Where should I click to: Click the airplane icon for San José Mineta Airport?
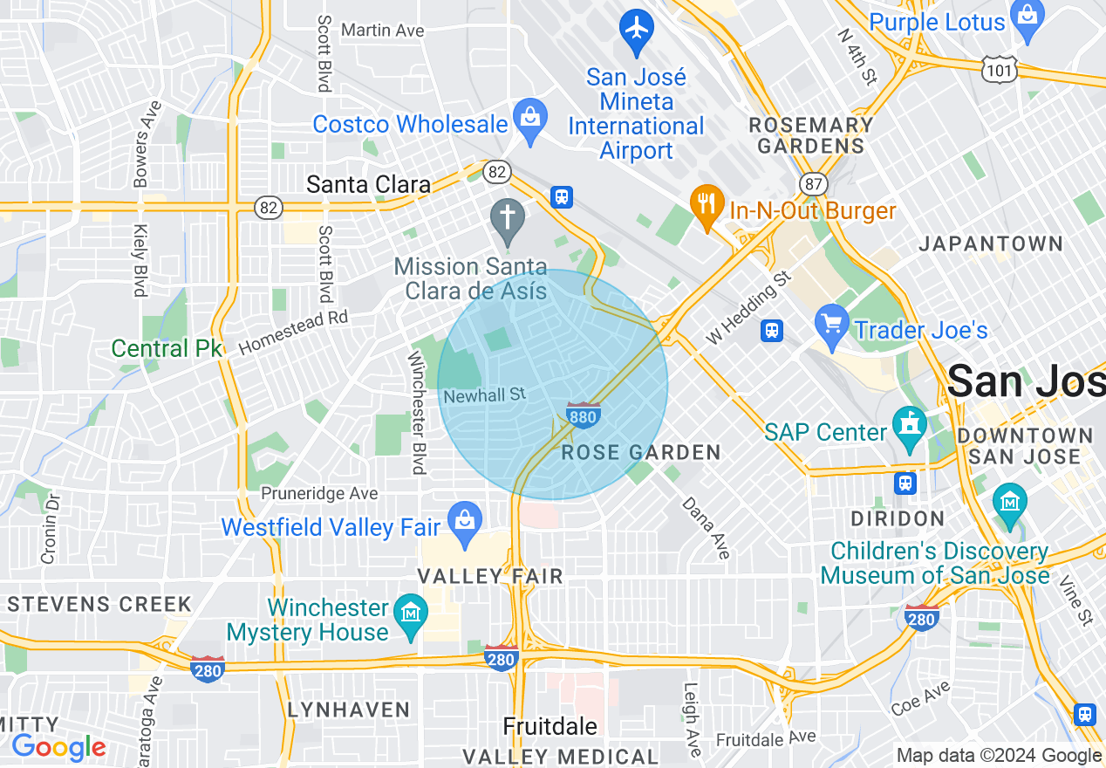tap(637, 29)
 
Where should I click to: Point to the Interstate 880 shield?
tap(583, 415)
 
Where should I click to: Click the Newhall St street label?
tap(484, 395)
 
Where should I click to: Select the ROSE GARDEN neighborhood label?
tap(641, 452)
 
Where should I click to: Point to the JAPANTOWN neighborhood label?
tap(991, 244)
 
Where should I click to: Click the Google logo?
tap(58, 747)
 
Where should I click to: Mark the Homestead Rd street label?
tap(293, 332)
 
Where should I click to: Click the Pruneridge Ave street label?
tap(319, 494)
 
